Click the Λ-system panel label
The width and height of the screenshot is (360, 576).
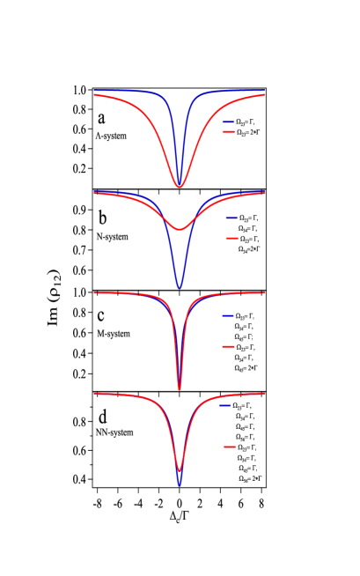click(111, 136)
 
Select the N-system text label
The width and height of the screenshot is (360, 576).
click(112, 237)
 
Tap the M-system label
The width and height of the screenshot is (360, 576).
click(114, 334)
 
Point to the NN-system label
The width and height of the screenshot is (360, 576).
click(114, 432)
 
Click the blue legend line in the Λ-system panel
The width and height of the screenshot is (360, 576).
click(229, 122)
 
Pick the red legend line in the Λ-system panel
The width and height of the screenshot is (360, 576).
click(229, 132)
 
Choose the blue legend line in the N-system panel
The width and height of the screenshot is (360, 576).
click(232, 217)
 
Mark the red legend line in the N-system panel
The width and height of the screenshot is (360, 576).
click(232, 239)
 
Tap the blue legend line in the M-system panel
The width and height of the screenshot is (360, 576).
click(228, 315)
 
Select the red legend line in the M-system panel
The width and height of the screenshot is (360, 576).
click(228, 347)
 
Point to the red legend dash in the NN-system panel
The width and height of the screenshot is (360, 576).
click(230, 447)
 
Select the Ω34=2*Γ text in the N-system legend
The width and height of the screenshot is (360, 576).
click(249, 249)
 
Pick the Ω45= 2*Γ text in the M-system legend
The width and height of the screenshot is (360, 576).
click(246, 368)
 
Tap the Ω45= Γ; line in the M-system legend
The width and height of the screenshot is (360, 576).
click(245, 336)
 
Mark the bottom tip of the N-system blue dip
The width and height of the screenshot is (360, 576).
click(180, 288)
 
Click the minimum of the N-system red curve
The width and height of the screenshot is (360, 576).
click(180, 230)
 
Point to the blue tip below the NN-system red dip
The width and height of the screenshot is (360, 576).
click(180, 485)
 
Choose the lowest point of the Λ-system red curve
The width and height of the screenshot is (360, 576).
click(180, 187)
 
